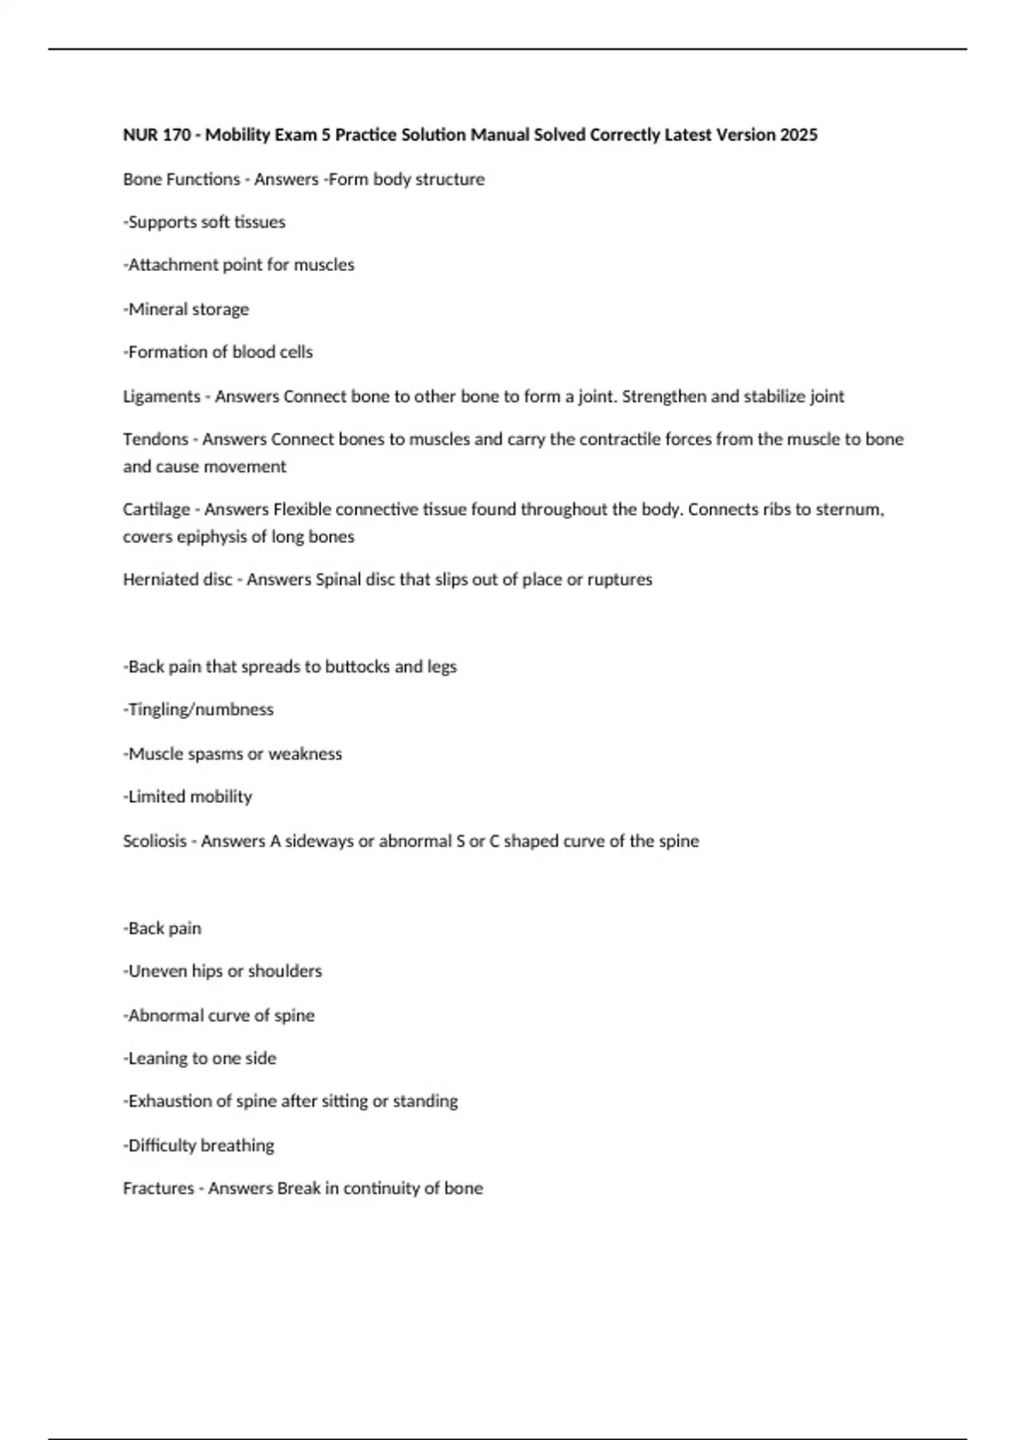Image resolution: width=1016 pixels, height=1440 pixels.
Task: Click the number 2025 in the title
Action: [798, 135]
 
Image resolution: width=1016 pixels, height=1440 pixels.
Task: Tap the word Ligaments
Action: [162, 396]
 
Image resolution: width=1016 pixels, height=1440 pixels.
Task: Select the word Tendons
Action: [156, 439]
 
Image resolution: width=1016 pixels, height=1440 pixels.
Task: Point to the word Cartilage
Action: [157, 509]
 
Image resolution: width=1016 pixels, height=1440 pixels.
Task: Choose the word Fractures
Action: [158, 1188]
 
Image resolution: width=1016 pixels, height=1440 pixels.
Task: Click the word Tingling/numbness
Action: [201, 709]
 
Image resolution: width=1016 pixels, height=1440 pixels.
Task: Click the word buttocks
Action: [357, 667]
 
